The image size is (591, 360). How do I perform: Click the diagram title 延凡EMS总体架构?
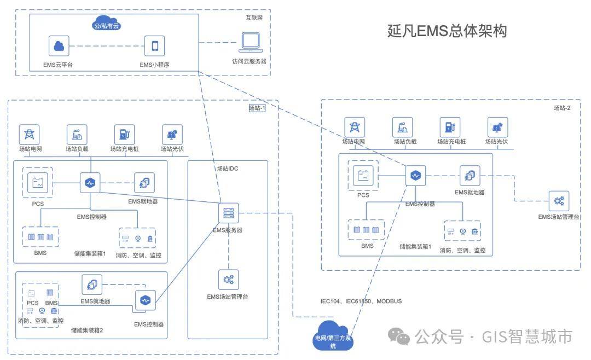pos(447,31)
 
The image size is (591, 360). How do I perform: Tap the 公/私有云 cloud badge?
pos(107,24)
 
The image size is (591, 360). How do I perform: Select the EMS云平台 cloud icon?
pos(59,46)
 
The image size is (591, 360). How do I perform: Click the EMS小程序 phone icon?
pos(154,46)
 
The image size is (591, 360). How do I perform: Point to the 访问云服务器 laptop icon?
pos(251,43)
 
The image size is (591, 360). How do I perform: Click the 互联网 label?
pos(254,18)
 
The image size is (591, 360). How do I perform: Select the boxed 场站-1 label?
pos(257,108)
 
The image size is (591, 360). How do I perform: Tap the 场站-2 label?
pos(561,108)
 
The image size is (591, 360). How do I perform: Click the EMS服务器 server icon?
pos(228,213)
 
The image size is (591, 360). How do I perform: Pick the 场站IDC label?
pos(228,169)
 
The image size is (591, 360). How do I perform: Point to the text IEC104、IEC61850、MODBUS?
pos(361,301)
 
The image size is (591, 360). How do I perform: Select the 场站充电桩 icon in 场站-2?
pos(450,127)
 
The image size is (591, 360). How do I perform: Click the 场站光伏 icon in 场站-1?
pos(172,135)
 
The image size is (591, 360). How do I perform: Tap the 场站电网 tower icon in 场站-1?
pos(30,135)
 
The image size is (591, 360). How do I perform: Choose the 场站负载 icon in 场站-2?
pos(403,127)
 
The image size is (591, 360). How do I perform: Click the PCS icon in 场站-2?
pos(363,176)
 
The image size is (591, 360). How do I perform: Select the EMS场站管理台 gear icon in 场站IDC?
pos(228,280)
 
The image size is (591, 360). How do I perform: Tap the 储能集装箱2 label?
pos(86,330)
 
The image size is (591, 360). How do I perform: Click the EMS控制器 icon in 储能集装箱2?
pos(145,300)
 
